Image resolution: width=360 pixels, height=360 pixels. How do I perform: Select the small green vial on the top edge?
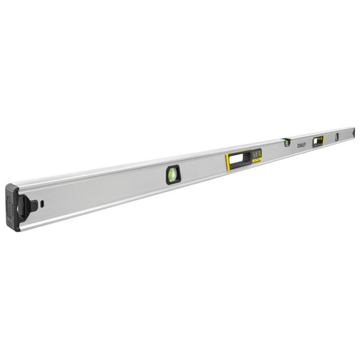click(x=287, y=142)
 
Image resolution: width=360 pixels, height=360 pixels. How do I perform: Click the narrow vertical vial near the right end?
click(x=337, y=137)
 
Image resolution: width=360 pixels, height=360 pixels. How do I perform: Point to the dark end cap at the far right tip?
click(x=353, y=132)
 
